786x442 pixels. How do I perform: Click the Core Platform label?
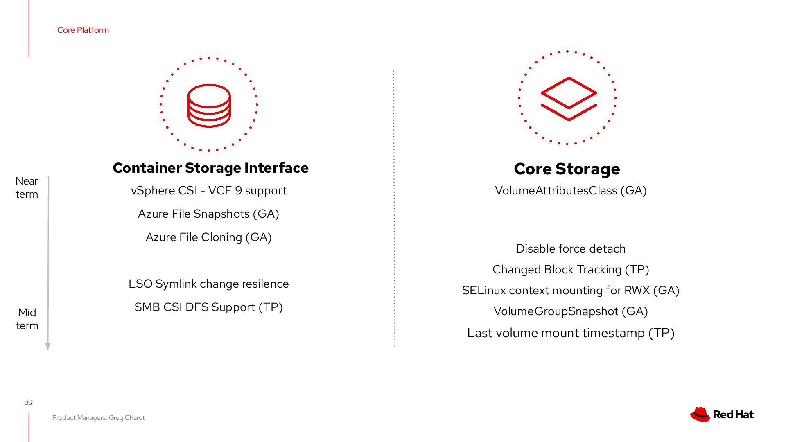[83, 30]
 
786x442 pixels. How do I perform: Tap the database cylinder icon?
[209, 106]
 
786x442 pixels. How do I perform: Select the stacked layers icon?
[569, 99]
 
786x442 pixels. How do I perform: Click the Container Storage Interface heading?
[210, 168]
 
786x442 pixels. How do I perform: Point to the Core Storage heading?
[567, 169]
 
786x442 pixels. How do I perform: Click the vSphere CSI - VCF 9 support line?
[209, 191]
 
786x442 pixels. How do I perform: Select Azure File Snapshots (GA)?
[208, 214]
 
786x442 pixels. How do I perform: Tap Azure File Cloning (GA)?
[209, 237]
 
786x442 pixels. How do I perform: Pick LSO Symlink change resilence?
[208, 284]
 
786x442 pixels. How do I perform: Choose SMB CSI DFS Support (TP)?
[208, 307]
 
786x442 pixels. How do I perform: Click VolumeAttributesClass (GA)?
[571, 191]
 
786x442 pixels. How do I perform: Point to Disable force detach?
[571, 249]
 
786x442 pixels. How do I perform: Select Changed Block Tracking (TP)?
[571, 270]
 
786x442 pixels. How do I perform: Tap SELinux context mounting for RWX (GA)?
[571, 291]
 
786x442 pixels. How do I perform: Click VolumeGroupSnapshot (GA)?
[571, 311]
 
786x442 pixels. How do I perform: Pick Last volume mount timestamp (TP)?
[571, 333]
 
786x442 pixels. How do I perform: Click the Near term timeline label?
[27, 187]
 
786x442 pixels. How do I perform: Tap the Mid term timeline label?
[27, 319]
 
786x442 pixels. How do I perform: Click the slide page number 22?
[29, 403]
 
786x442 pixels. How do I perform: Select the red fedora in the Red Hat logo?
[700, 414]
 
